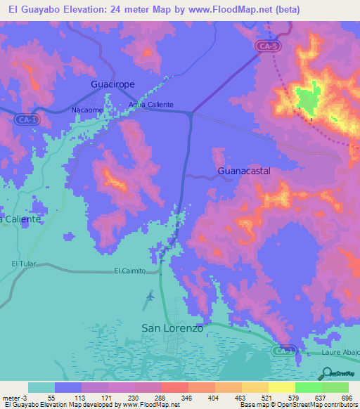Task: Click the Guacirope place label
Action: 112,84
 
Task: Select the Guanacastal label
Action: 244,171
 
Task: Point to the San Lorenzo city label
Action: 172,328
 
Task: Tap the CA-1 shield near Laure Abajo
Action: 283,350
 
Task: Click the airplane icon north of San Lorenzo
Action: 150,297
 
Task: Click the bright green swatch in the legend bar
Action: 309,387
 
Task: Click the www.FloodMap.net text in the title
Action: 229,9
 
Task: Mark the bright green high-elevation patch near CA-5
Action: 307,98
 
